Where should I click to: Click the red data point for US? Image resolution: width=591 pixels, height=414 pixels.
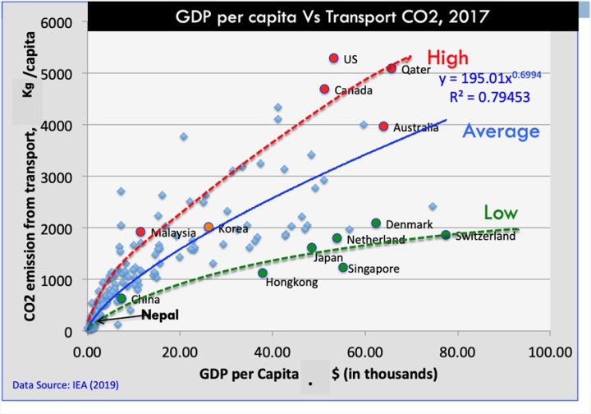(x=333, y=58)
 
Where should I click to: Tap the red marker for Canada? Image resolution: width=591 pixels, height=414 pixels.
(x=324, y=89)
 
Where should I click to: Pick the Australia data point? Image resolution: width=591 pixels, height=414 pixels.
(x=383, y=126)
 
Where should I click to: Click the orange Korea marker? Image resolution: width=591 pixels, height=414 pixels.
(x=208, y=227)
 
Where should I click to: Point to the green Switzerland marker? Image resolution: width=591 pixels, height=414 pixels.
(x=446, y=235)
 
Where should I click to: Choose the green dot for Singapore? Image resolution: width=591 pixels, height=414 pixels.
(x=343, y=267)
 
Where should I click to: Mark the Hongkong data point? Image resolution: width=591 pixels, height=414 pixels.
(x=263, y=273)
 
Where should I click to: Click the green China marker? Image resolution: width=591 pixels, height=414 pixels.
(x=121, y=298)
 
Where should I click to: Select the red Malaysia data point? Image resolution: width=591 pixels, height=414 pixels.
(x=140, y=232)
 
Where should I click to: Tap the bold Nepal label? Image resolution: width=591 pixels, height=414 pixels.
(x=158, y=315)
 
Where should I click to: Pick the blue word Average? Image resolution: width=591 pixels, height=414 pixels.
(x=502, y=131)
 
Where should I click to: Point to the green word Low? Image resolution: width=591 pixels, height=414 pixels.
(x=500, y=213)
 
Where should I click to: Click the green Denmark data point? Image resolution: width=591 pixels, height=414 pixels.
(x=376, y=223)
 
